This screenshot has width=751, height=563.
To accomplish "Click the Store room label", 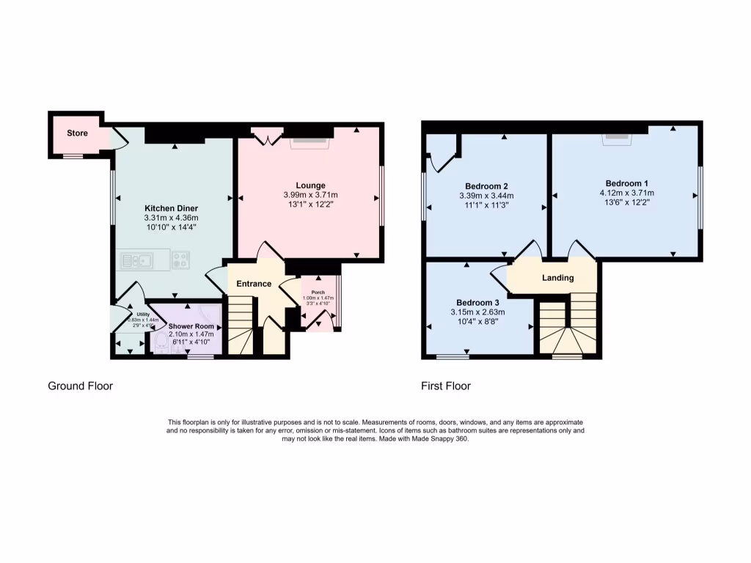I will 77,133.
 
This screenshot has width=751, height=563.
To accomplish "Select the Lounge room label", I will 310,185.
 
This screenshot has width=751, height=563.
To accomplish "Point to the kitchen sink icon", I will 136,260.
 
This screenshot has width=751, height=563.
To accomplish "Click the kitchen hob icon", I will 180,260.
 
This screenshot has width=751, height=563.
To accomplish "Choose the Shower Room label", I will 191,326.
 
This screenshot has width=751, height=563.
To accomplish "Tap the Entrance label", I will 254,284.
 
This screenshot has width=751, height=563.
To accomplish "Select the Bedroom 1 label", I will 626,183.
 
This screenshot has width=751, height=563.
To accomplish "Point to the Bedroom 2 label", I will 486,185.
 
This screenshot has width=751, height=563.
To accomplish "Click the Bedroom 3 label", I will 477,303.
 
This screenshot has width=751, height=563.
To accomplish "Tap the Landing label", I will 557,278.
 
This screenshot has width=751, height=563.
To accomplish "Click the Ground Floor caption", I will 81,386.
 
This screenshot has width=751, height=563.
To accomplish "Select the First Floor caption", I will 446,386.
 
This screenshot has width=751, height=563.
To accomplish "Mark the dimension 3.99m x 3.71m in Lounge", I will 310,195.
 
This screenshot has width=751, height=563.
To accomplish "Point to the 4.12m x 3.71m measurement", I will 626,194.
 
